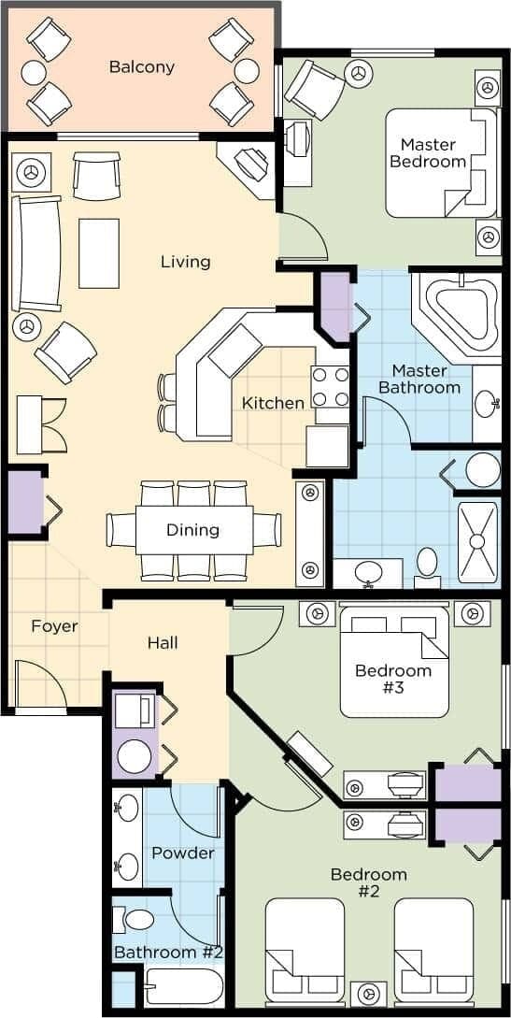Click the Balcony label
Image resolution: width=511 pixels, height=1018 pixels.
coord(141,66)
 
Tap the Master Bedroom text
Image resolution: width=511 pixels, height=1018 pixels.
coord(428,152)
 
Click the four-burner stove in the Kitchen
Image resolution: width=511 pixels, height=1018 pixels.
coord(330,387)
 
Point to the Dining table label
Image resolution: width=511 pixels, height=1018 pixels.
coord(193,530)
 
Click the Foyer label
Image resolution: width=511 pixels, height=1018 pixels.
coord(53,626)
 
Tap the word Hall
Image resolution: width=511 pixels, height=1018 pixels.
coord(163,643)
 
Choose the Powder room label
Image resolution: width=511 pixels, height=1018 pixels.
coord(183,853)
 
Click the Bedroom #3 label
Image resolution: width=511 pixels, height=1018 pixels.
coord(393,679)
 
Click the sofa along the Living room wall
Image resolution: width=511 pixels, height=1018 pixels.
coord(36,253)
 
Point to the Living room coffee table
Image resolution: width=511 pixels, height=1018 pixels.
coord(99,252)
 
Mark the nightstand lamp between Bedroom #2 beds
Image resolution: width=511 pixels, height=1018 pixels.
coord(369,993)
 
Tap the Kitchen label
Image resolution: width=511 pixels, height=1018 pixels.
coord(273,403)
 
